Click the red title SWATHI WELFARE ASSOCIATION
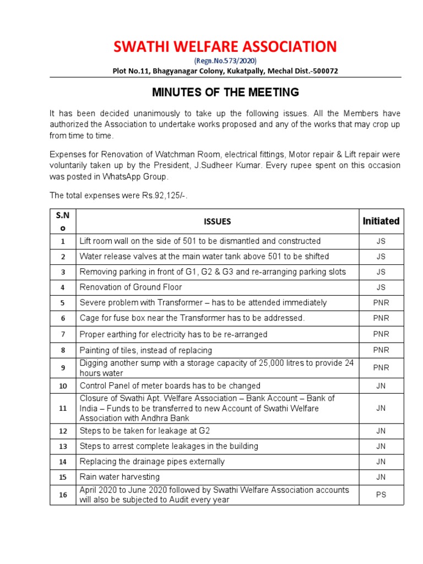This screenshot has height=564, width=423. pyautogui.click(x=225, y=47)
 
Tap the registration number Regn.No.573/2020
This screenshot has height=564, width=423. pyautogui.click(x=225, y=61)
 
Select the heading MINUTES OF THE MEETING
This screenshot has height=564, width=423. pyautogui.click(x=225, y=92)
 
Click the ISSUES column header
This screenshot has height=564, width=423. pyautogui.click(x=217, y=221)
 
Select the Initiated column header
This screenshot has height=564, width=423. pyautogui.click(x=381, y=221)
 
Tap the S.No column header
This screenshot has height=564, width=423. pyautogui.click(x=63, y=221)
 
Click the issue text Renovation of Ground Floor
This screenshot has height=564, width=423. pyautogui.click(x=131, y=287)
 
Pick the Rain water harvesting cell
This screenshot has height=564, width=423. pyautogui.click(x=120, y=477)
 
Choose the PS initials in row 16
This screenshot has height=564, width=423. pyautogui.click(x=381, y=495)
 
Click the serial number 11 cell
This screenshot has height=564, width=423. pyautogui.click(x=63, y=408)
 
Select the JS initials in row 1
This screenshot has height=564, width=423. pyautogui.click(x=381, y=241)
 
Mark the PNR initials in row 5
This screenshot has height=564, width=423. pyautogui.click(x=381, y=303)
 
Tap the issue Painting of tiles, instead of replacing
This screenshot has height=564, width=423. pyautogui.click(x=145, y=350)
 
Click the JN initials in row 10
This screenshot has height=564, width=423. pyautogui.click(x=381, y=386)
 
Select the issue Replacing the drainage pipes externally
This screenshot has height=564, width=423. pyautogui.click(x=152, y=462)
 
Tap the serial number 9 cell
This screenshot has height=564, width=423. pyautogui.click(x=63, y=368)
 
